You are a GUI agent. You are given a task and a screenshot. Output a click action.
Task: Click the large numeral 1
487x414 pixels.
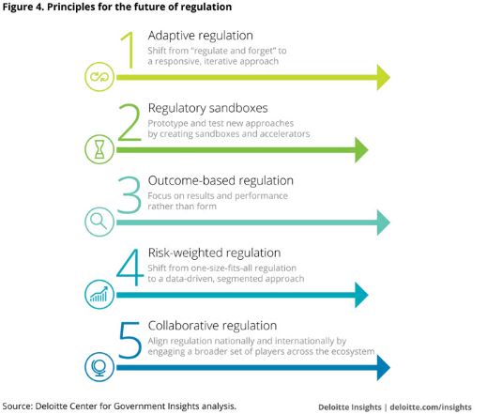(x=130, y=50)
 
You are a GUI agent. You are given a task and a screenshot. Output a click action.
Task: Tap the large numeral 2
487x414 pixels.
(x=129, y=122)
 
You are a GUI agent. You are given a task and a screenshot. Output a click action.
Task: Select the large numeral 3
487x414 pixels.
(x=129, y=195)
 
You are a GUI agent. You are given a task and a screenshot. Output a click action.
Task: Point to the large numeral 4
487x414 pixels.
(x=129, y=268)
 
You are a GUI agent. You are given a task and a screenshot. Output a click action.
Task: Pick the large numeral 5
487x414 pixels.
(x=130, y=340)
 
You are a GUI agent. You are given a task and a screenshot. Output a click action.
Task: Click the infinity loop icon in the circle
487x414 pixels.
(x=99, y=77)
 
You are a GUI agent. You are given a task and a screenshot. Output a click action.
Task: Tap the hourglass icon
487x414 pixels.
(x=99, y=149)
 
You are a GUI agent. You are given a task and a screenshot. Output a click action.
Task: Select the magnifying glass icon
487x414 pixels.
(x=99, y=221)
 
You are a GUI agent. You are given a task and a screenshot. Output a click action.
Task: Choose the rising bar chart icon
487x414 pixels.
(x=99, y=294)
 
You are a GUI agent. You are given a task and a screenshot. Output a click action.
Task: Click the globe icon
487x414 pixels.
(x=99, y=367)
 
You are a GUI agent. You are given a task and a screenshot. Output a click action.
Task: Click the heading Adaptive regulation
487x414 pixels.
(x=200, y=36)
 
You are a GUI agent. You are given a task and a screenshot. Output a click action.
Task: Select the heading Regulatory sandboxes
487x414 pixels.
(x=207, y=108)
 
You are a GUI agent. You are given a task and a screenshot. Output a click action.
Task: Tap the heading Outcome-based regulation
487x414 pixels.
(x=221, y=180)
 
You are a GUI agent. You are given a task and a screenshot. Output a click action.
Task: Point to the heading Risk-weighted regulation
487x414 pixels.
(x=214, y=253)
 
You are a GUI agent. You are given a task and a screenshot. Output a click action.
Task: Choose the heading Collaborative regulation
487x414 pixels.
(x=212, y=326)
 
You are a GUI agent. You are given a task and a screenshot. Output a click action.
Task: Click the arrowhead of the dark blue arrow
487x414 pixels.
(x=384, y=367)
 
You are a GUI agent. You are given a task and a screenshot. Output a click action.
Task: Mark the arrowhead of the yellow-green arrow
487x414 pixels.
(x=384, y=77)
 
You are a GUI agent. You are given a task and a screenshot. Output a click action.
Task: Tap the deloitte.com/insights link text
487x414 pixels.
(x=431, y=407)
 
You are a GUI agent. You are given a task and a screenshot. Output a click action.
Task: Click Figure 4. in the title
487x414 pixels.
(x=23, y=7)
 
